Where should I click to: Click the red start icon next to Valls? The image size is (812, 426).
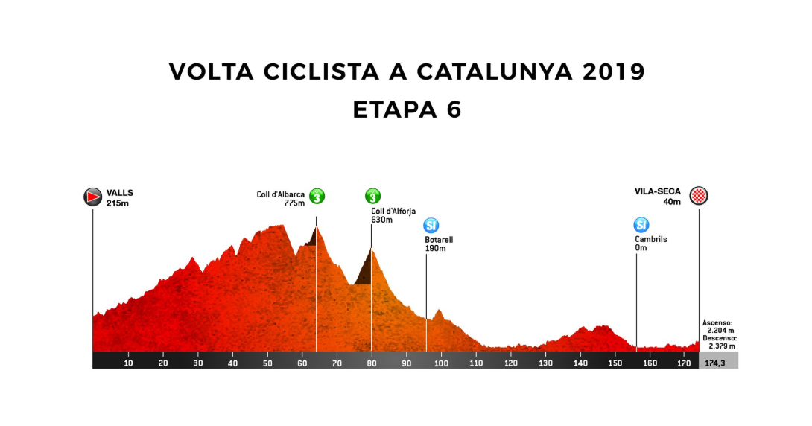(x=92, y=196)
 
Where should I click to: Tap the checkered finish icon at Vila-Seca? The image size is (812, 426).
(x=699, y=196)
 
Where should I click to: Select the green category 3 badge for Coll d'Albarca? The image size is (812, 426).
(x=317, y=197)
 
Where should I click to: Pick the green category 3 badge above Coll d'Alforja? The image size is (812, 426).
(x=372, y=197)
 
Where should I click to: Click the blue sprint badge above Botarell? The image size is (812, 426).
(x=431, y=225)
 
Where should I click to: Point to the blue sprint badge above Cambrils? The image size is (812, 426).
(x=641, y=225)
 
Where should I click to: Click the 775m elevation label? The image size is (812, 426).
(x=295, y=203)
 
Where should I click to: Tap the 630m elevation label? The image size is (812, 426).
(x=381, y=220)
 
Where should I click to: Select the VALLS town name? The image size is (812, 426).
(x=119, y=192)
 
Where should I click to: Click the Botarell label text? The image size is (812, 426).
(x=439, y=240)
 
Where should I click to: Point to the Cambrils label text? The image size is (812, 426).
(x=650, y=240)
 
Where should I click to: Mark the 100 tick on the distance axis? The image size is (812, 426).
(x=441, y=363)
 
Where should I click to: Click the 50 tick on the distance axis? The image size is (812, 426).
(x=267, y=363)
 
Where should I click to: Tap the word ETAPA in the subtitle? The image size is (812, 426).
(x=387, y=110)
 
